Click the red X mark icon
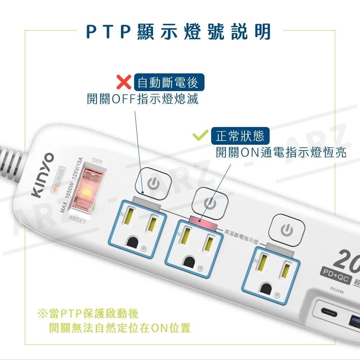(124, 82)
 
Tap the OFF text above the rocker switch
(97, 160)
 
